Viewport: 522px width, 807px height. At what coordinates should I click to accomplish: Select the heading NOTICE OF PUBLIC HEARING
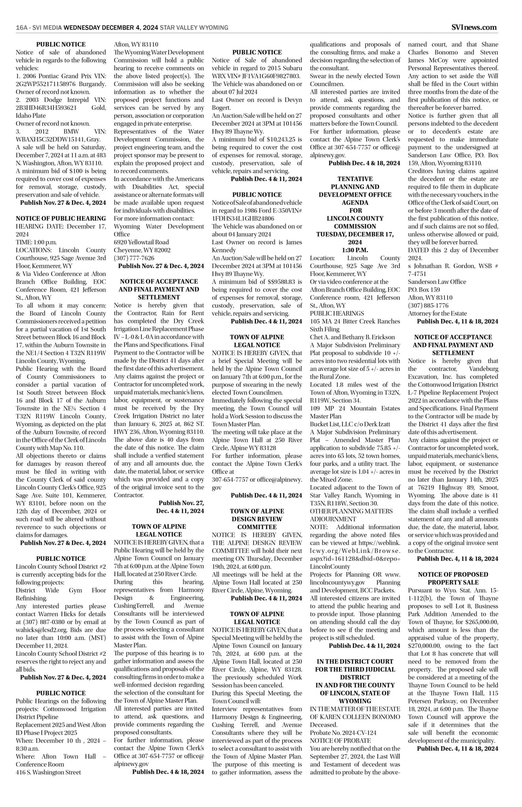point(61,218)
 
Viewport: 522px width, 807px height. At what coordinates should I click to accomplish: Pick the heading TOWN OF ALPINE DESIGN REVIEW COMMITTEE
point(257,519)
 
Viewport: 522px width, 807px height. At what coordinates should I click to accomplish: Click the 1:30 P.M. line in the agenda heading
point(355,250)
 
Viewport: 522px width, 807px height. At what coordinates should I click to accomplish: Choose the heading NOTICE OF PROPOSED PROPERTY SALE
point(453,578)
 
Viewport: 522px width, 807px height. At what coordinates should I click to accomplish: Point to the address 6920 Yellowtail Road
point(141,242)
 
